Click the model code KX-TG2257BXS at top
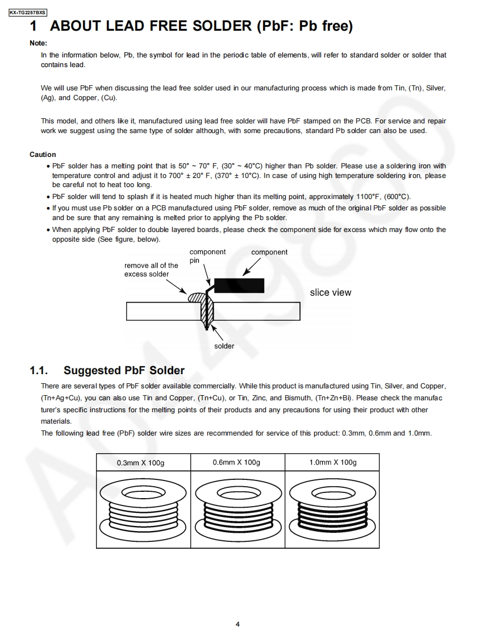pos(28,12)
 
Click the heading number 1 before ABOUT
pos(34,26)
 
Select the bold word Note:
pos(38,43)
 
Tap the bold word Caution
pos(43,155)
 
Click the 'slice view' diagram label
pos(331,293)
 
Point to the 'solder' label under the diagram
pos(224,346)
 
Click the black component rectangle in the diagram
pos(239,285)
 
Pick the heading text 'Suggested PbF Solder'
pos(124,371)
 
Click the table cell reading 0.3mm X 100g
pos(140,463)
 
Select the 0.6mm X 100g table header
pos(236,462)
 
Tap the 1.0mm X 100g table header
pos(333,462)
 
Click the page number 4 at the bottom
pos(237,624)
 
